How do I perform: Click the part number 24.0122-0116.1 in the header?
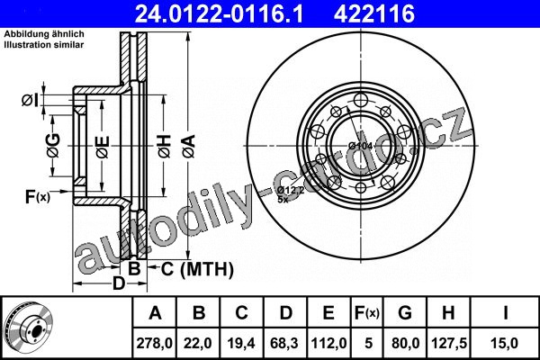[219, 13]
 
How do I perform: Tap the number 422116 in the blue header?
[373, 13]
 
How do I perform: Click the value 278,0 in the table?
[154, 343]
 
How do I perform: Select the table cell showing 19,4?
[241, 343]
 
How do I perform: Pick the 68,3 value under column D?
[284, 343]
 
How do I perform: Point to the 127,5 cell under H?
[449, 343]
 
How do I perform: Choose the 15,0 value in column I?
[505, 343]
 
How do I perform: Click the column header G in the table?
[405, 313]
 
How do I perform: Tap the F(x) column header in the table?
[367, 313]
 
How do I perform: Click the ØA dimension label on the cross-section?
[189, 147]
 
